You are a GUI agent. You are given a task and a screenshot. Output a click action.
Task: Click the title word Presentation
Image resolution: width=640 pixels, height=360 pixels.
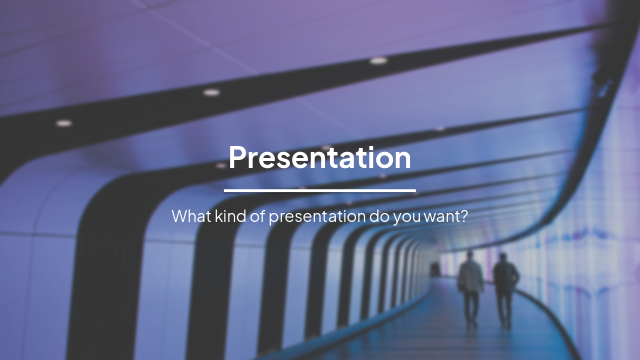click(x=319, y=158)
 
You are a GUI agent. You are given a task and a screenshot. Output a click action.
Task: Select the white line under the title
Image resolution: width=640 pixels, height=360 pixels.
click(x=319, y=190)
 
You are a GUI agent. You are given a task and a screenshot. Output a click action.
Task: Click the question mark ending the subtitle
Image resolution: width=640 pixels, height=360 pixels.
click(x=463, y=216)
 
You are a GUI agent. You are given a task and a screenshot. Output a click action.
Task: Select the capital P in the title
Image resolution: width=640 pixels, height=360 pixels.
click(x=238, y=157)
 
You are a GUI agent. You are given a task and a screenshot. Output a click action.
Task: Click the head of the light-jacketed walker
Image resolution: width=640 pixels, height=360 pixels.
click(x=469, y=256)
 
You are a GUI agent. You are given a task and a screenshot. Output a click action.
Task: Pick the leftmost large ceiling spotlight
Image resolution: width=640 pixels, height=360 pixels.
click(x=63, y=123)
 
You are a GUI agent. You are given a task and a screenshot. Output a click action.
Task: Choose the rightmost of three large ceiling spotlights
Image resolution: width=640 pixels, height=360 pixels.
click(x=378, y=60)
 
